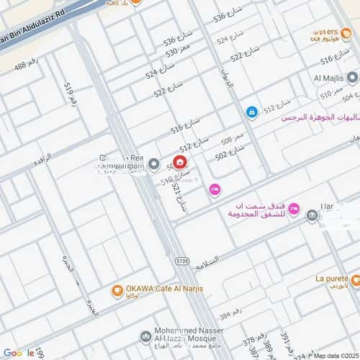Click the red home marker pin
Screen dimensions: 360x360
coord(179,162)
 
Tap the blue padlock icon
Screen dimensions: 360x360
coord(252,112)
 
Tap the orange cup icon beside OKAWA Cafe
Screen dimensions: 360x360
coord(116,291)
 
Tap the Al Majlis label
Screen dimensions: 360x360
coord(327,78)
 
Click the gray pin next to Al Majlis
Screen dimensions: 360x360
coord(352,78)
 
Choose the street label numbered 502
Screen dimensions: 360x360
coord(230,152)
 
